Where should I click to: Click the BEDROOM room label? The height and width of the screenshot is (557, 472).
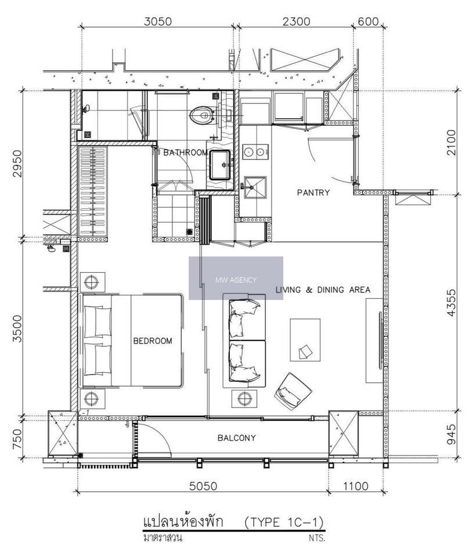tap(153, 341)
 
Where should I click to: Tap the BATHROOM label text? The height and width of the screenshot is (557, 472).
tap(186, 153)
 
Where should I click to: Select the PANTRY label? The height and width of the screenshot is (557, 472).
tap(314, 193)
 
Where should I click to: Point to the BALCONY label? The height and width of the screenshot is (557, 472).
tap(237, 438)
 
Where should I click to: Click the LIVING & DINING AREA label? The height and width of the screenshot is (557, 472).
tap(323, 290)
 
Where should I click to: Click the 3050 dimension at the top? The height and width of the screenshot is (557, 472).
tap(158, 21)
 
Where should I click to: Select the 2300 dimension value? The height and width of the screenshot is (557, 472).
tap(297, 21)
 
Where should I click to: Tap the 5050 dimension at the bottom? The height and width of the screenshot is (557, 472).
tap(203, 486)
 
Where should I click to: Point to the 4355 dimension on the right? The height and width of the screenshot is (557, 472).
tap(451, 302)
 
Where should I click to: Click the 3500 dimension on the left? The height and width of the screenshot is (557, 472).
tap(17, 328)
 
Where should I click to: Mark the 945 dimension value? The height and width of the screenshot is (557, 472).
tap(451, 434)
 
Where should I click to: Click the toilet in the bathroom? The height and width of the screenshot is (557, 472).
tap(202, 115)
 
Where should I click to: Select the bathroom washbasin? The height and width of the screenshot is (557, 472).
tap(219, 165)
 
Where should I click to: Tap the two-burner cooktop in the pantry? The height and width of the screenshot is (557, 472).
tap(255, 152)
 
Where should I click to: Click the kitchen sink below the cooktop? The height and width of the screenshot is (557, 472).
tap(255, 187)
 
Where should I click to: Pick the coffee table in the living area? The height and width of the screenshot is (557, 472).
tap(305, 340)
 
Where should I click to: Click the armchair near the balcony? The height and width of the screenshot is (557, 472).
tap(293, 391)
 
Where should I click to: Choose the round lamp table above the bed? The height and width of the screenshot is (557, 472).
tap(92, 283)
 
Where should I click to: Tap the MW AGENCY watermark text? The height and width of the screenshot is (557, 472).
tap(236, 280)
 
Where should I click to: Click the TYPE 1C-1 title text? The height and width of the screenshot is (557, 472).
tap(284, 522)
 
